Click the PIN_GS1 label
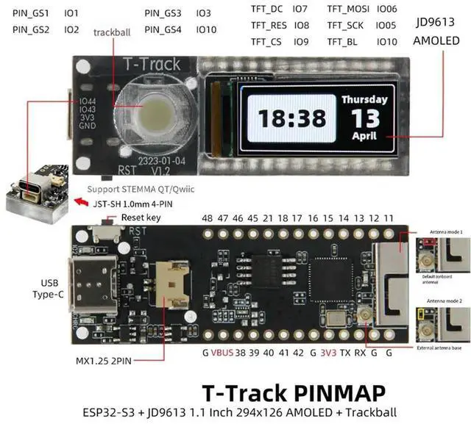tap(31, 13)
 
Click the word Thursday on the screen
tap(363, 99)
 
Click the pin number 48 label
tap(207, 218)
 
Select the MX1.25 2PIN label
tap(107, 362)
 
